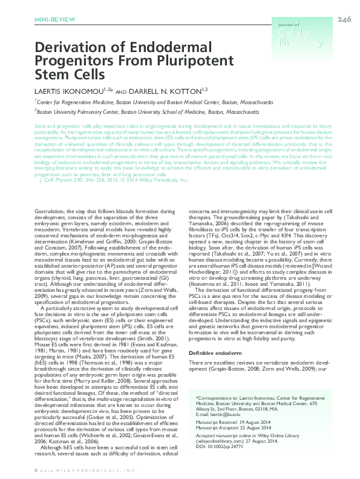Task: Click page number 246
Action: pyautogui.click(x=345, y=20)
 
